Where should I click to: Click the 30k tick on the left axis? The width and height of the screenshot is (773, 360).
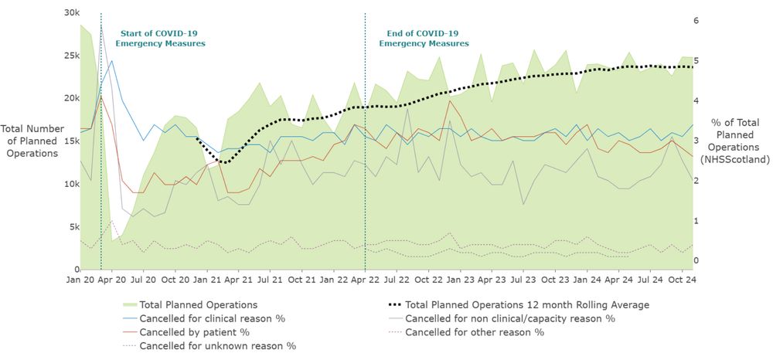tap(70, 13)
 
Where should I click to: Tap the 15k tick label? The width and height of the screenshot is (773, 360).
tap(70, 141)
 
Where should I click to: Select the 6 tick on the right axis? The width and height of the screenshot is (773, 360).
tap(696, 21)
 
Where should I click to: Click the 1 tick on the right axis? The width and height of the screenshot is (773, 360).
tap(696, 221)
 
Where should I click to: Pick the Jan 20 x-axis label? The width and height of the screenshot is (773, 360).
tap(82, 278)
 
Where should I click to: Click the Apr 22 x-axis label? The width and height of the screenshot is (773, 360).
tap(365, 278)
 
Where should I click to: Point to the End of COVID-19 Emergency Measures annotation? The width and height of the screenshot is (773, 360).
tap(424, 39)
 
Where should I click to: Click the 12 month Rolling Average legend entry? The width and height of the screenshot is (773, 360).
tap(526, 305)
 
